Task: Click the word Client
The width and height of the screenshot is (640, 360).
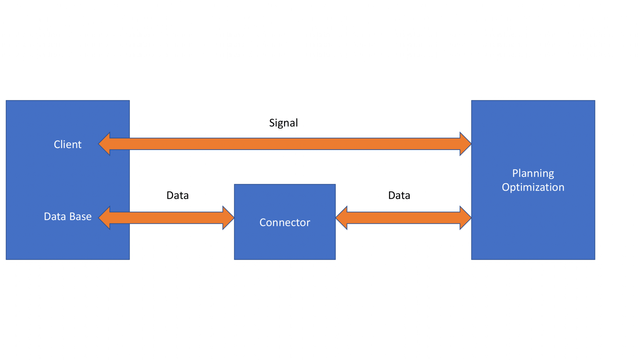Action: click(x=67, y=144)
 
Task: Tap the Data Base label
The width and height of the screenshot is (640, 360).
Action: click(x=67, y=216)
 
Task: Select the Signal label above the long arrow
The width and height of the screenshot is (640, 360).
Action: click(x=283, y=123)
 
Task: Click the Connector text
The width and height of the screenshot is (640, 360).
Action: click(x=285, y=222)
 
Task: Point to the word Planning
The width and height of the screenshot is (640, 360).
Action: click(x=533, y=173)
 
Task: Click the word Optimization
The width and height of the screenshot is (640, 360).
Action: click(x=533, y=187)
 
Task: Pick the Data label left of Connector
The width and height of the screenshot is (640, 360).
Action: click(x=177, y=195)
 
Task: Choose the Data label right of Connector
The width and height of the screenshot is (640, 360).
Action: click(x=399, y=195)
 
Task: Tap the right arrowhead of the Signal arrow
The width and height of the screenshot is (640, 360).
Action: click(x=465, y=144)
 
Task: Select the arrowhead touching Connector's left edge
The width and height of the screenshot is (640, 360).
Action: click(x=228, y=217)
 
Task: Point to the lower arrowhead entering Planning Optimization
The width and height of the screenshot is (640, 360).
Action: click(x=465, y=217)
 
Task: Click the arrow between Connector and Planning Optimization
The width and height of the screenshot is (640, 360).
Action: click(x=403, y=217)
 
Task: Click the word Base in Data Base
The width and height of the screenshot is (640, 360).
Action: click(x=80, y=216)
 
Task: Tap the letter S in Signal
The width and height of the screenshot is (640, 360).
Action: click(x=272, y=123)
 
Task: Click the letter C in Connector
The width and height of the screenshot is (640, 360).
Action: click(x=262, y=222)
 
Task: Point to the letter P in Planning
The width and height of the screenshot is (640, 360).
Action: click(x=515, y=173)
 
